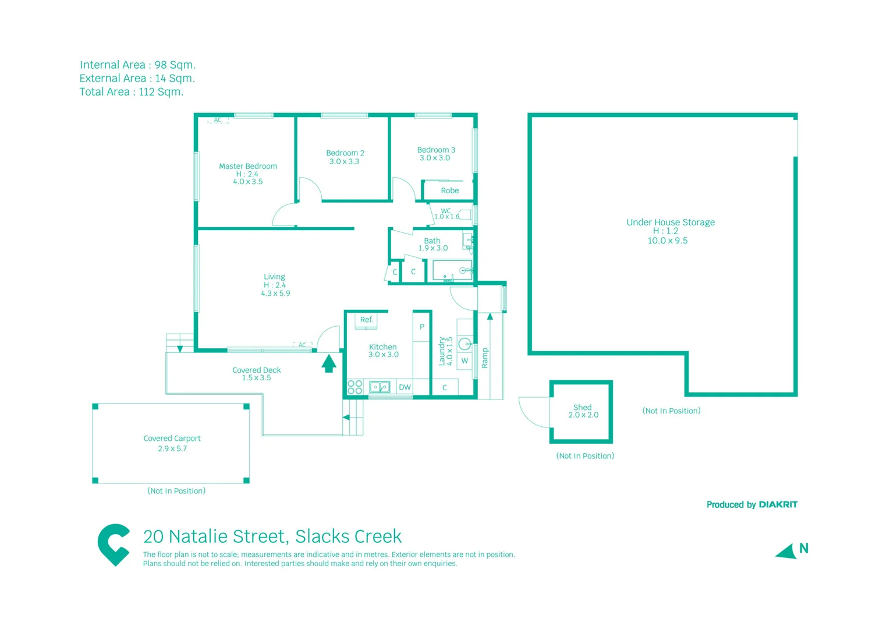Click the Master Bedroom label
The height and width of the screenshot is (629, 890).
point(248,166)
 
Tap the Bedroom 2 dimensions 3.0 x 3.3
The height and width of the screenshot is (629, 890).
point(344,162)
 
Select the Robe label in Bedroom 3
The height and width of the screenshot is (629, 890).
point(449,190)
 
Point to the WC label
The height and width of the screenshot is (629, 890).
point(446,211)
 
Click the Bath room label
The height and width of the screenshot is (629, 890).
point(432,241)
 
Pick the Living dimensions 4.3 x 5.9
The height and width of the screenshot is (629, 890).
point(275,294)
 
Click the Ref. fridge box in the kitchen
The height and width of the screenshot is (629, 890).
point(366,320)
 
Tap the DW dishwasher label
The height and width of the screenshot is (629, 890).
point(405,387)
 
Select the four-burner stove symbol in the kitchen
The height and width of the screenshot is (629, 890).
point(355,387)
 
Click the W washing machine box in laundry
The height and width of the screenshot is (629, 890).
point(464,361)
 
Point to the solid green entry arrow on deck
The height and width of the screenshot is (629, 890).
point(329,363)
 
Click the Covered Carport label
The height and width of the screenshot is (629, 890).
point(172,439)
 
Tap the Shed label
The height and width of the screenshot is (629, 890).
point(582,407)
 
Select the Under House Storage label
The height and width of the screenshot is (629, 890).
point(671,222)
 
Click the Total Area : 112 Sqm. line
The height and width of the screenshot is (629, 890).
point(132,92)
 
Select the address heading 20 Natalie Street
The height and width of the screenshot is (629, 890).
point(272,536)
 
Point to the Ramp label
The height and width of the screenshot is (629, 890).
point(485,358)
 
